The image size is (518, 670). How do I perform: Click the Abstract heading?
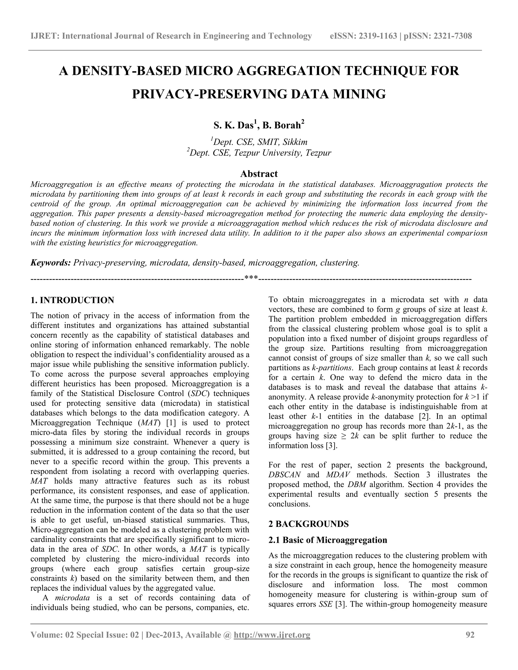click(259, 174)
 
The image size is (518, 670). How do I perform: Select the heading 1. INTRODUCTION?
click(72, 300)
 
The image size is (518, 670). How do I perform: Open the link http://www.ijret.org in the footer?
click(272, 635)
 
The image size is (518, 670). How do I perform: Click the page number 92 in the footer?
click(470, 635)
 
